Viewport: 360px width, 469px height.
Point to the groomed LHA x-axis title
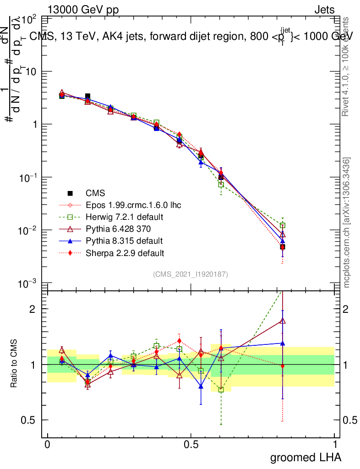pos(306,457)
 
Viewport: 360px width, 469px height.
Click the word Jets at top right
pos(324,10)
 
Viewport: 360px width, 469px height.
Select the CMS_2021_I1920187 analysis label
pos(191,274)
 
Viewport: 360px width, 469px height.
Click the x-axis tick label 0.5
pos(191,444)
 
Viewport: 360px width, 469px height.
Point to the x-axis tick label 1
pos(335,444)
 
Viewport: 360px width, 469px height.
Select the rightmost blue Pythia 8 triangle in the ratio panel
pos(283,343)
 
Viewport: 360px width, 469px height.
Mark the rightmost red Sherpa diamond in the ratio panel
pos(283,366)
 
